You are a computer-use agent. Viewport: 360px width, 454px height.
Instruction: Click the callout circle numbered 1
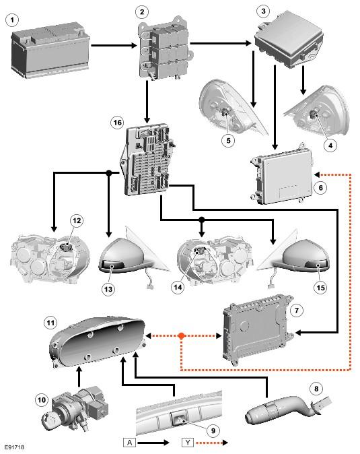click(x=12, y=20)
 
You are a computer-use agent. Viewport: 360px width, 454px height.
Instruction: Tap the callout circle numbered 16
click(x=117, y=123)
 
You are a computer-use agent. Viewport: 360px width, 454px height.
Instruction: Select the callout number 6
click(x=320, y=188)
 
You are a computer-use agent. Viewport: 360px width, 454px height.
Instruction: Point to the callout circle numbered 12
click(x=77, y=221)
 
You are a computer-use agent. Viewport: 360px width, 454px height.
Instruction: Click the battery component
click(x=50, y=51)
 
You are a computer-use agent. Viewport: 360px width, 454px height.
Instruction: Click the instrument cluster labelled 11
click(x=97, y=341)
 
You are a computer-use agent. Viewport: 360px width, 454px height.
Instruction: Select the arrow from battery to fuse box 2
click(x=114, y=45)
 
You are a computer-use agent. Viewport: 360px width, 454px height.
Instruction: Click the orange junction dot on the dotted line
click(x=181, y=336)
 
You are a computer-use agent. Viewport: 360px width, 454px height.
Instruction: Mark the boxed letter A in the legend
click(x=130, y=443)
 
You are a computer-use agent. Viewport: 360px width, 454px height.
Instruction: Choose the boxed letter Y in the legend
click(x=188, y=443)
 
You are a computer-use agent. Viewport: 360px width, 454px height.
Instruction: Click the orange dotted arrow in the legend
click(x=212, y=443)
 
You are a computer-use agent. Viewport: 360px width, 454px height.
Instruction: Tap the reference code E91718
click(x=14, y=447)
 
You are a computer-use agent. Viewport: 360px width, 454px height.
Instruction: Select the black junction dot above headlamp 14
click(x=202, y=220)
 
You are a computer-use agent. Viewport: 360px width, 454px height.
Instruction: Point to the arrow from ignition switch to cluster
click(x=79, y=377)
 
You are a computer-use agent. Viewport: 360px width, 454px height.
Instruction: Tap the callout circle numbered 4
click(x=330, y=145)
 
